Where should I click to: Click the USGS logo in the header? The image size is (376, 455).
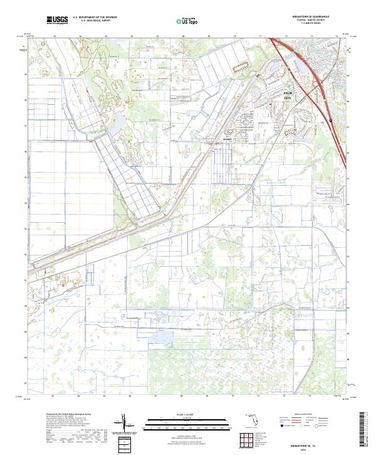point(57,20)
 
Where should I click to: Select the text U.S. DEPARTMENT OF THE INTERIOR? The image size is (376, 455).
point(95,17)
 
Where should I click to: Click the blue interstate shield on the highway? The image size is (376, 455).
point(330,124)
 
